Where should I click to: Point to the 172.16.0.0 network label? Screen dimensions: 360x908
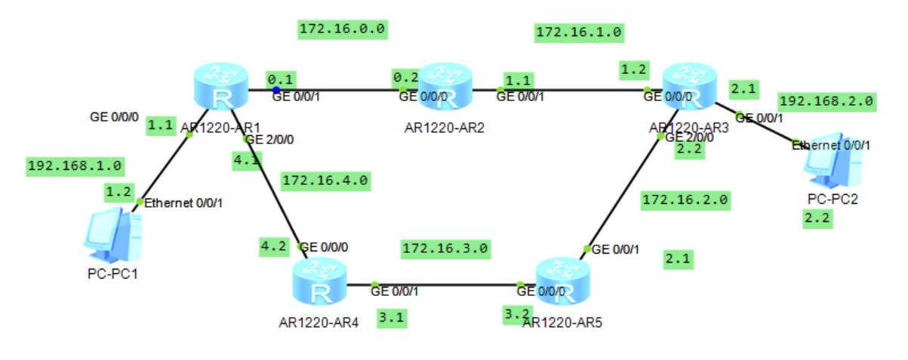coord(343,29)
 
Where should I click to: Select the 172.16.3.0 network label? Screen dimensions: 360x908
coord(445,248)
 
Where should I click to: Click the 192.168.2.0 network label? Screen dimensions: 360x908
coord(826,100)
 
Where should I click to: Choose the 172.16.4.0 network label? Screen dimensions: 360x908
coord(325,181)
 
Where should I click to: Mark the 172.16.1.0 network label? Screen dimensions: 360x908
coord(578,32)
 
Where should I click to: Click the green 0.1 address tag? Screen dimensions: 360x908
coord(281,78)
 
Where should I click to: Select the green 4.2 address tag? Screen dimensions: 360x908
coord(273,246)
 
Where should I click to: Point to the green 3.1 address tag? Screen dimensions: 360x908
coord(392,318)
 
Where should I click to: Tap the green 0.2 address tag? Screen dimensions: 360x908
coord(405,77)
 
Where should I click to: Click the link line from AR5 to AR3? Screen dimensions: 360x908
coord(623,193)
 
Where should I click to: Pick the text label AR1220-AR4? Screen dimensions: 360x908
coord(318,324)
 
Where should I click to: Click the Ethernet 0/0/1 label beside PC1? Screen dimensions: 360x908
coord(183,203)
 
